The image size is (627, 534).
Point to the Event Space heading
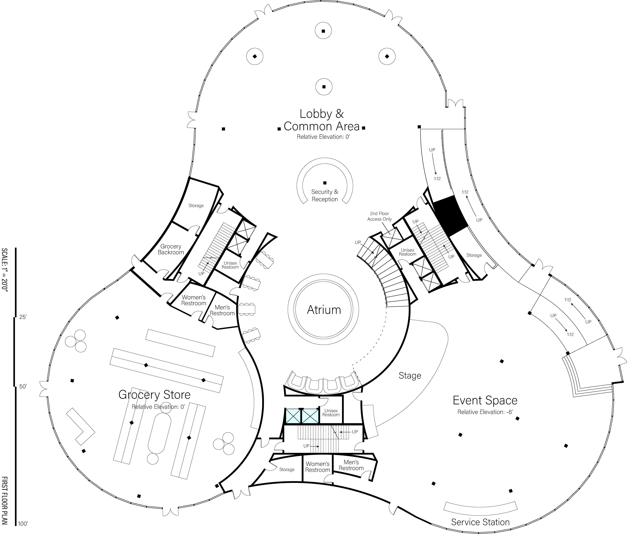(485, 400)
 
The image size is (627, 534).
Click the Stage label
(410, 376)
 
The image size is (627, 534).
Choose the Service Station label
(480, 522)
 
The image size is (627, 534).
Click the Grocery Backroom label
(171, 249)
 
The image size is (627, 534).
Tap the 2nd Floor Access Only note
(380, 216)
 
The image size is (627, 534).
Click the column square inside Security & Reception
(325, 183)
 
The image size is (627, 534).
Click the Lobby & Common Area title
(322, 120)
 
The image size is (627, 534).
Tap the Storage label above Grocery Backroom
(196, 206)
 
